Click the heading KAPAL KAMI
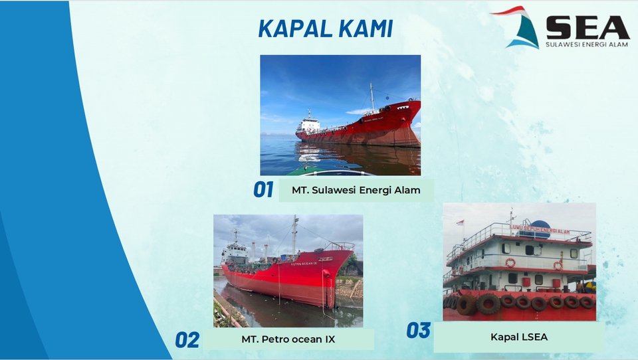(325, 29)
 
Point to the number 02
(187, 340)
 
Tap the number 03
(419, 330)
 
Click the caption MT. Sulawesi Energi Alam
(356, 190)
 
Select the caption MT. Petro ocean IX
(288, 339)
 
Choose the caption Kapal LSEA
(519, 337)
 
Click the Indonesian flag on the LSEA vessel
(461, 223)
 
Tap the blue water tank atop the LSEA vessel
(540, 224)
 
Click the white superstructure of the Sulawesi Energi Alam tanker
(308, 124)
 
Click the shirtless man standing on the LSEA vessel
(580, 286)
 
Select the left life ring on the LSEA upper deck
(510, 263)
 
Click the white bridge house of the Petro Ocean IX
(234, 253)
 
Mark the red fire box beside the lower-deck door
(526, 282)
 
